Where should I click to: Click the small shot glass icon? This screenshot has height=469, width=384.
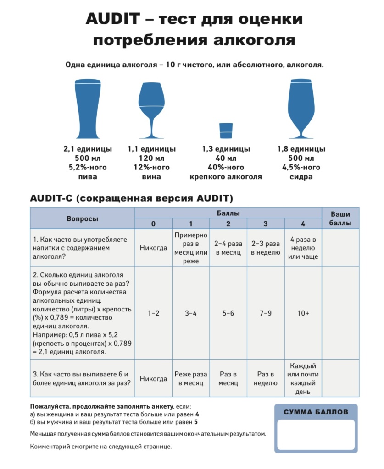[226, 130]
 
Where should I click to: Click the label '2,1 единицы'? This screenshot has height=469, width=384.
[87, 149]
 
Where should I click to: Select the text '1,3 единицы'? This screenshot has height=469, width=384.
[226, 149]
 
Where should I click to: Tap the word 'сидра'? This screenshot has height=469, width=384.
[301, 177]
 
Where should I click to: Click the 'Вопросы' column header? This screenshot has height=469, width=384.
[83, 218]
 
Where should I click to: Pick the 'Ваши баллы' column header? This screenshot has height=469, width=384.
[340, 218]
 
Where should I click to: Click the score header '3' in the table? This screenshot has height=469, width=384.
[266, 224]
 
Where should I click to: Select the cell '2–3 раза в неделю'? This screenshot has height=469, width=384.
[266, 248]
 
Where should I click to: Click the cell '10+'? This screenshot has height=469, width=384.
[303, 313]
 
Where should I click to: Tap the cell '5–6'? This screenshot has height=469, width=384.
[228, 313]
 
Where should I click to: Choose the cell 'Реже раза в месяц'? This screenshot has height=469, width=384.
[190, 379]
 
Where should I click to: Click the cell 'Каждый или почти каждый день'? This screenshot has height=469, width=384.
[303, 379]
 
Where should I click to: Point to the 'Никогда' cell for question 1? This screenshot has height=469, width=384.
[153, 248]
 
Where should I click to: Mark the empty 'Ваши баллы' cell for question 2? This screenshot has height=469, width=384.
[340, 313]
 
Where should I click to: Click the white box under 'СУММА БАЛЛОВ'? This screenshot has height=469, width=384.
[316, 435]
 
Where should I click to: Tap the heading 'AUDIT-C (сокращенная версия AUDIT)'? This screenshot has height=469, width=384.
[132, 199]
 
